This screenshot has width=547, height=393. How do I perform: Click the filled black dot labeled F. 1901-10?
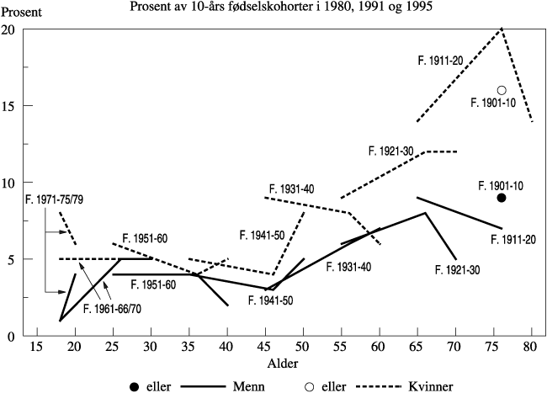pyautogui.click(x=502, y=198)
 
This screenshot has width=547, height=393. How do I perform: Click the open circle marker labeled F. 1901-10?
pyautogui.click(x=502, y=90)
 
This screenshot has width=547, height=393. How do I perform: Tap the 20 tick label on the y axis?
pyautogui.click(x=8, y=29)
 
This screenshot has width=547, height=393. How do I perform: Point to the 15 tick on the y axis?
pyautogui.click(x=8, y=106)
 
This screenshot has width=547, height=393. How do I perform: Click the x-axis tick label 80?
pyautogui.click(x=532, y=347)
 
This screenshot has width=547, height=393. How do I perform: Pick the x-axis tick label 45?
pyautogui.click(x=265, y=347)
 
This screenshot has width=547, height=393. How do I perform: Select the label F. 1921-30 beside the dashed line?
pyautogui.click(x=390, y=151)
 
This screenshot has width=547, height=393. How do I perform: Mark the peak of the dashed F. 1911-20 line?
pyautogui.click(x=502, y=29)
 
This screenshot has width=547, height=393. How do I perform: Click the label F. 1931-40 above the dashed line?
pyautogui.click(x=292, y=189)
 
